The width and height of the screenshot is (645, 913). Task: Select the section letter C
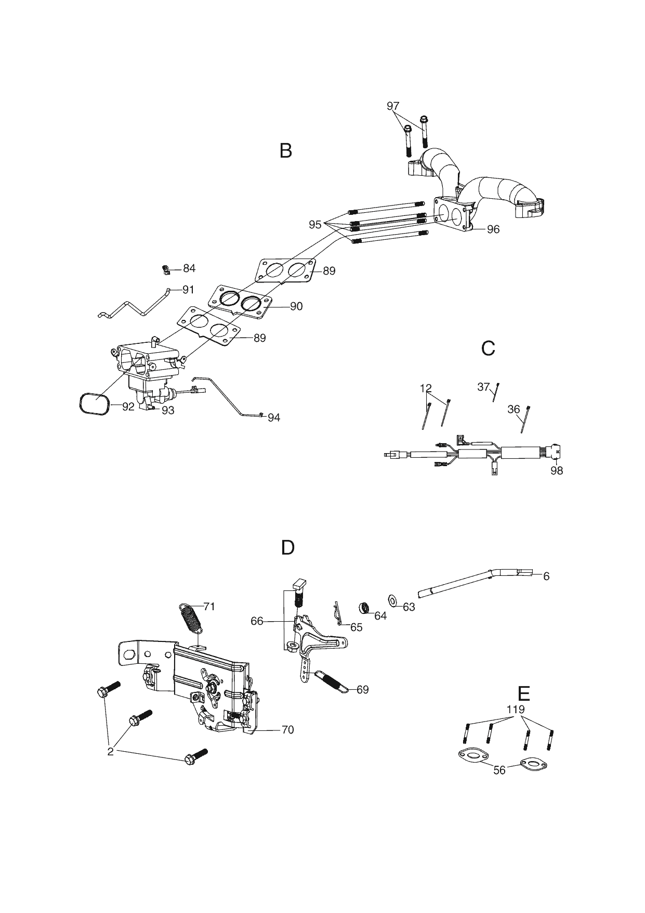point(488,348)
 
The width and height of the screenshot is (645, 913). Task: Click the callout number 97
point(393,106)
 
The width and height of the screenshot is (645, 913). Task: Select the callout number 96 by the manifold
point(493,229)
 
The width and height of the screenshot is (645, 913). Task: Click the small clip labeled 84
point(165,269)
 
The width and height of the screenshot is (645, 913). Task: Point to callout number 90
point(296,306)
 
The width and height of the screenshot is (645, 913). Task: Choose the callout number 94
point(274,417)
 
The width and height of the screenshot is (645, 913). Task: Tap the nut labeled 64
point(365,607)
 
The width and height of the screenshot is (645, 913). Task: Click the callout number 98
point(557,471)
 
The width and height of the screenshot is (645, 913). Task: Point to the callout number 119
point(516,710)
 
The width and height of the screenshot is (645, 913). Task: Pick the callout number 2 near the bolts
point(110,752)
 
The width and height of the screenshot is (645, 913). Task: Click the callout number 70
point(287,730)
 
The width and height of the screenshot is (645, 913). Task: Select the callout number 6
point(546,576)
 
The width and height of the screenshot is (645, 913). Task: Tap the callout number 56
point(499,770)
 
